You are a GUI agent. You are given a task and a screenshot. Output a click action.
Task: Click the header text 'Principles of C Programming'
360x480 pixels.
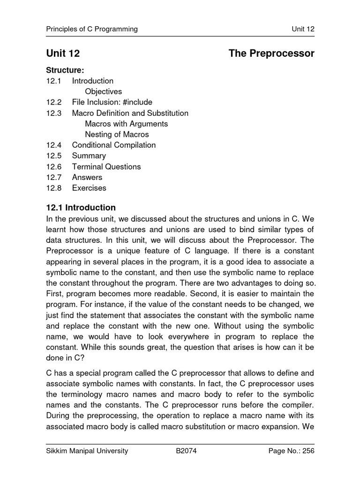point(92,29)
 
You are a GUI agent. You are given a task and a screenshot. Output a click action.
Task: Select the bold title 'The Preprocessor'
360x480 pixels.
point(271,54)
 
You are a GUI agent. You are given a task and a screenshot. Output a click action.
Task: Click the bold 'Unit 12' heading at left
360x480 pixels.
point(63,54)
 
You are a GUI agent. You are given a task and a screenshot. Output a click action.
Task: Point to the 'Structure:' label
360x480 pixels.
point(65,70)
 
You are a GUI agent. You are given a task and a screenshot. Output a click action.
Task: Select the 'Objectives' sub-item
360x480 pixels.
point(103,91)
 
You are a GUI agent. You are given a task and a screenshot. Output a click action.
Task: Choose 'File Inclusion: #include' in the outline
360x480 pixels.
point(112,102)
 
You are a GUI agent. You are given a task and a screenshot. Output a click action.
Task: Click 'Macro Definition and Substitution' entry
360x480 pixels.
point(130,113)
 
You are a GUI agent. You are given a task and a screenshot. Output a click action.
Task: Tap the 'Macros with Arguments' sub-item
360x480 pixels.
point(126,124)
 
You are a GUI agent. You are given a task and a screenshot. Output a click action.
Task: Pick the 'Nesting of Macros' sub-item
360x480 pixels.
point(117,135)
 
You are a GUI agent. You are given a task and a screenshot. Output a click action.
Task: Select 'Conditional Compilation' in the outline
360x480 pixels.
point(113,145)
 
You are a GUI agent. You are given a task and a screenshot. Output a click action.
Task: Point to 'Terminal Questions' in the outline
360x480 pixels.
point(106,166)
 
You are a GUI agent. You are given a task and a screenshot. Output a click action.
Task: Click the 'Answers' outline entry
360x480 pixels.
point(87,177)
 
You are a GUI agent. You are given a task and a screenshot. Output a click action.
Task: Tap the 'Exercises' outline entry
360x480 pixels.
point(89,188)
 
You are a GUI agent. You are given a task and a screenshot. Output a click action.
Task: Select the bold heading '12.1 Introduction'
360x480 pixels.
point(81,208)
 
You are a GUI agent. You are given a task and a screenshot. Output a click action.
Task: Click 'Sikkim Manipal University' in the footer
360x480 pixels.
point(87,451)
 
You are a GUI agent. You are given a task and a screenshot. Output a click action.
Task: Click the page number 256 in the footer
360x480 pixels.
point(308,451)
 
